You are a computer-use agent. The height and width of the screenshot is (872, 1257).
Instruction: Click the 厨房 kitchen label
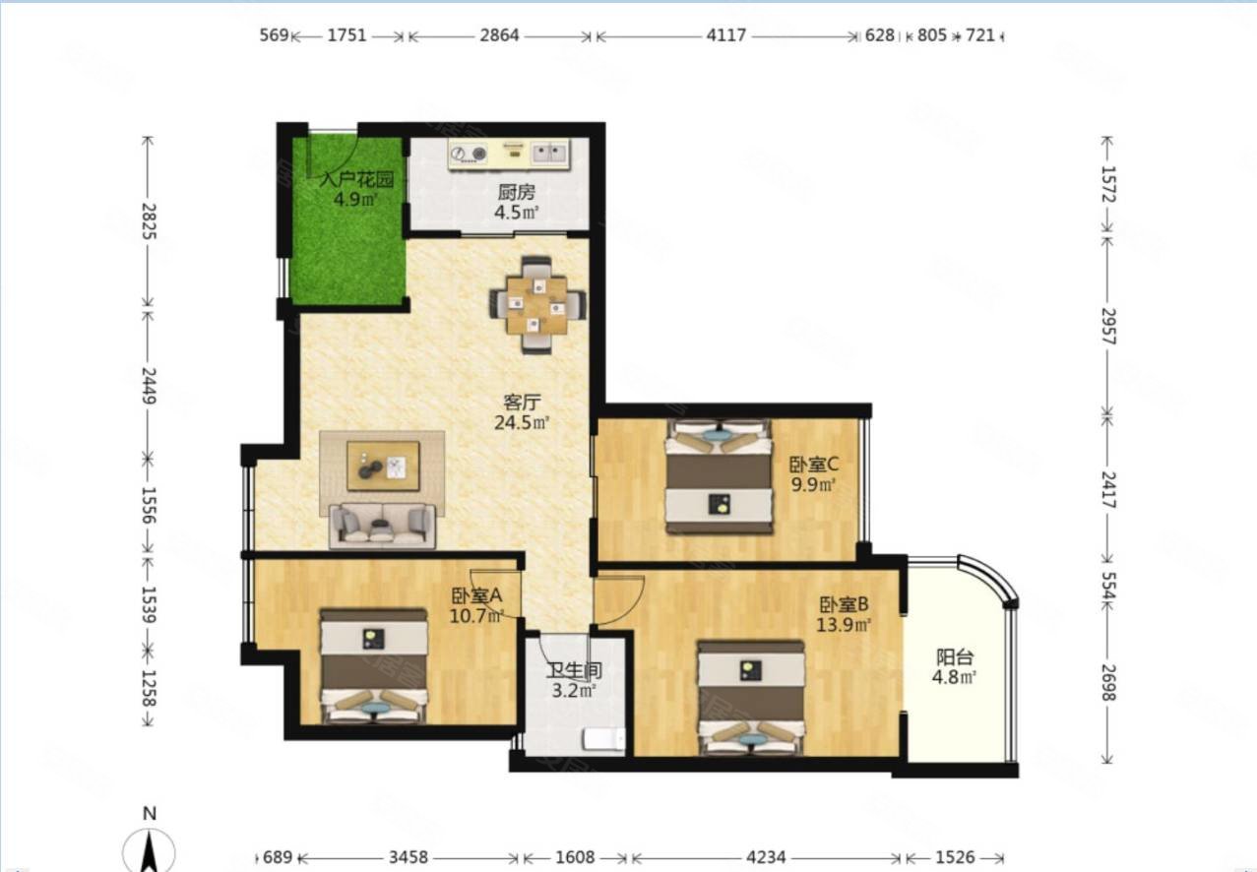click(x=516, y=193)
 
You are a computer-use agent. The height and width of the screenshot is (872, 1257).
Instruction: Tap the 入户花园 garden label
click(x=356, y=179)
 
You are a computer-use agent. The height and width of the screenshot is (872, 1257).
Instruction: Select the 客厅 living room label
click(x=522, y=402)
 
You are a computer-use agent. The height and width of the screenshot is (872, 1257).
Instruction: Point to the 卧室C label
click(x=814, y=465)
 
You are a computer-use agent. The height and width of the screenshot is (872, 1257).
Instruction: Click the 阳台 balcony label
click(x=955, y=656)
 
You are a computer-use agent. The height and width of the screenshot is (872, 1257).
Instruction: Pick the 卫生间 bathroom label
click(x=574, y=670)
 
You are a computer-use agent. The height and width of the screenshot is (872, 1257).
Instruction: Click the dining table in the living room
click(x=537, y=305)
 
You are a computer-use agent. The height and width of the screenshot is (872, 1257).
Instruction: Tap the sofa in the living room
click(x=383, y=526)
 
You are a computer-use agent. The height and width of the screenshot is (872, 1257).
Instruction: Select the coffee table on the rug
click(x=383, y=466)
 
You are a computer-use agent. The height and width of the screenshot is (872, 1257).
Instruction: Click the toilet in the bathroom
click(x=604, y=738)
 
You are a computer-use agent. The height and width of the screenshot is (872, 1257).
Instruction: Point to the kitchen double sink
click(x=550, y=153)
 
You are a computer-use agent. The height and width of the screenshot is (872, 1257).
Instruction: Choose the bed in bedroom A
click(x=373, y=666)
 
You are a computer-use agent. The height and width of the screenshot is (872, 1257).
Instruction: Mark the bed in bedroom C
click(x=719, y=475)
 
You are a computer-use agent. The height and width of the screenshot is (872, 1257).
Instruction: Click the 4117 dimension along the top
click(x=726, y=35)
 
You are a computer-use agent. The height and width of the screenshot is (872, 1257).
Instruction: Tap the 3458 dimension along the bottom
click(x=408, y=857)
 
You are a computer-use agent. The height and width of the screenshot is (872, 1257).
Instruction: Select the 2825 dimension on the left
click(x=149, y=221)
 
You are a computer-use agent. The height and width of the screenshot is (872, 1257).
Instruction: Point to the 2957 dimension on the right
click(x=1108, y=326)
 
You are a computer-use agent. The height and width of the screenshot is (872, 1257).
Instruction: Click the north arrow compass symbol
click(x=149, y=844)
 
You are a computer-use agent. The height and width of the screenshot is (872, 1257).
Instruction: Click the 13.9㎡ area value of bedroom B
click(x=844, y=624)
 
